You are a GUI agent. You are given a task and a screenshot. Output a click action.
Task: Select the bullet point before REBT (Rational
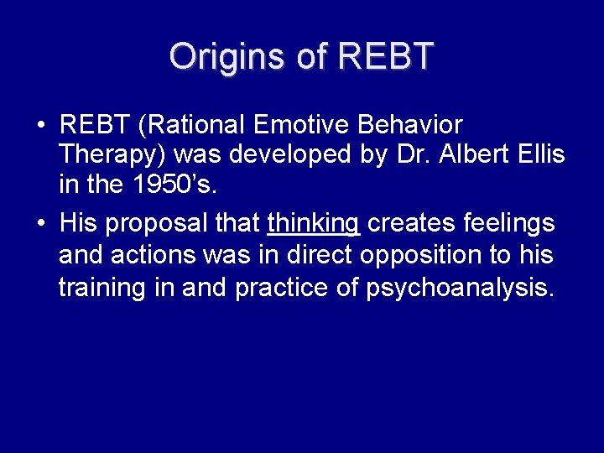click(x=40, y=127)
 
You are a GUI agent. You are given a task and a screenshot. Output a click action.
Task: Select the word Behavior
click(x=410, y=126)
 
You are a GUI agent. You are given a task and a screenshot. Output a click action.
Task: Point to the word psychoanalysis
click(x=461, y=287)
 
